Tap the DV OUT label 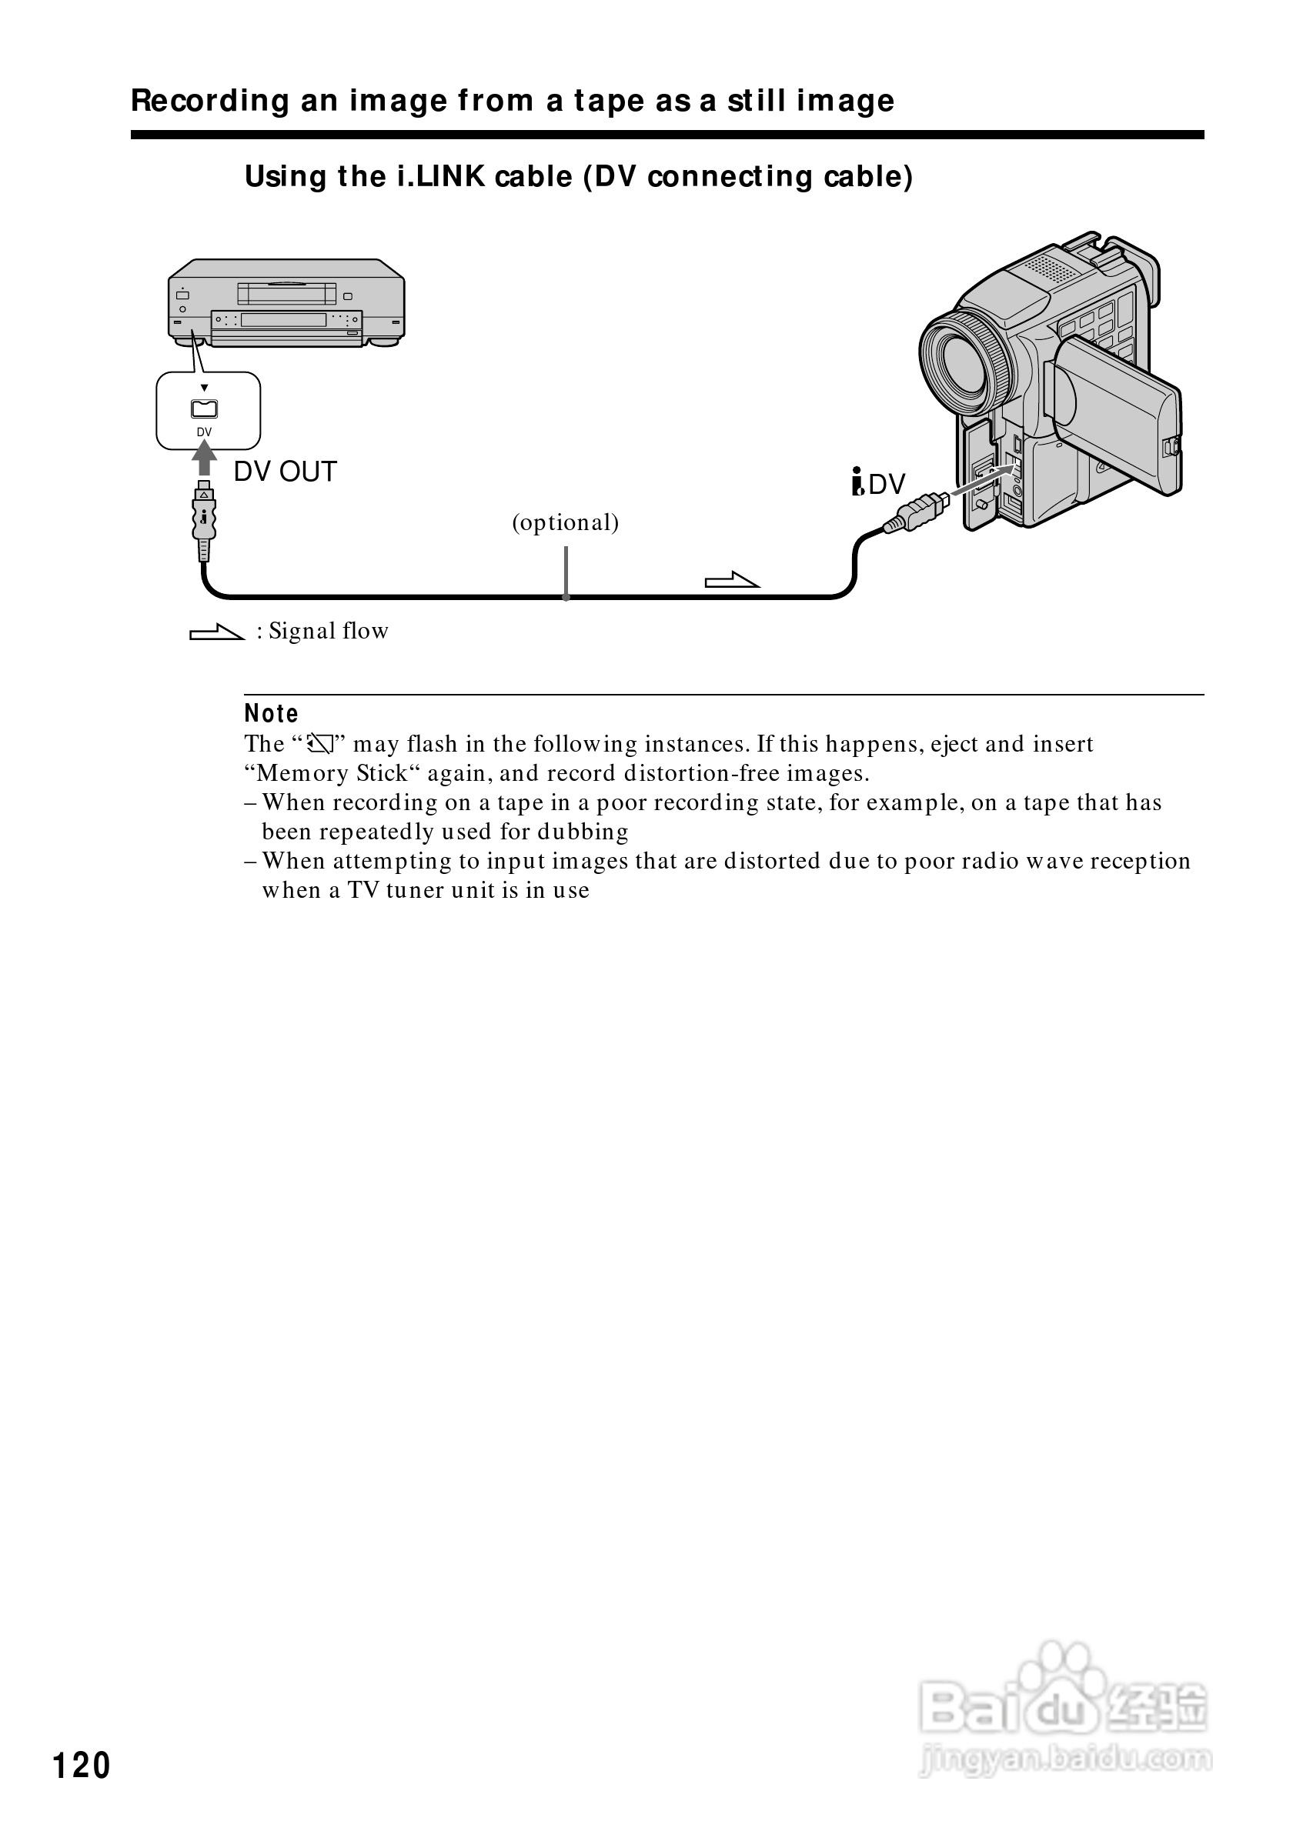pos(285,472)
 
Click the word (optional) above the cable pos(566,522)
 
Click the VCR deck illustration pos(286,302)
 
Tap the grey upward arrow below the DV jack pos(205,458)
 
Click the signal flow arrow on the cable pos(731,581)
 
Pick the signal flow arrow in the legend pos(216,633)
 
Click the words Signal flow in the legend pos(328,632)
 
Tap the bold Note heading pos(271,714)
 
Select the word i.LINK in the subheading pos(441,177)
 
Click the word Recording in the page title pos(210,102)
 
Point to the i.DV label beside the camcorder pos(878,484)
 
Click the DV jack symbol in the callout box pos(204,409)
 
